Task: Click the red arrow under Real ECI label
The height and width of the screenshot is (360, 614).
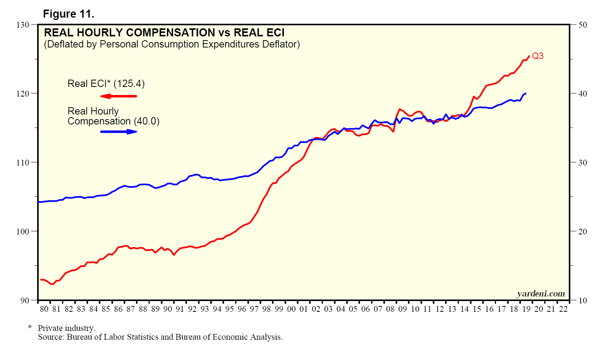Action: coord(118,96)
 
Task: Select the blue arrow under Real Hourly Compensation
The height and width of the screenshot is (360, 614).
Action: coord(119,132)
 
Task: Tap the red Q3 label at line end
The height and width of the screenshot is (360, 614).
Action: coord(537,56)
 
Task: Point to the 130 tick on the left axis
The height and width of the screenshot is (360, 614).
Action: coord(23,25)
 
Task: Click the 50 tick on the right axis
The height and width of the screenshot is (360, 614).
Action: coord(583,25)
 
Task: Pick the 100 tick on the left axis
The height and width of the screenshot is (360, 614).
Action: coord(23,231)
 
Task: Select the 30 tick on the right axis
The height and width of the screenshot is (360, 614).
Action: coord(583,162)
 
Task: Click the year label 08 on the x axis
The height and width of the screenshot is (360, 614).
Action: coord(390,309)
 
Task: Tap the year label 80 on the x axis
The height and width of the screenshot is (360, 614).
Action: coord(44,309)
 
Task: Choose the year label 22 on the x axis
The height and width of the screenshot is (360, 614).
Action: coord(563,309)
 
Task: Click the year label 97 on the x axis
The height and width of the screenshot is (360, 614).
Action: coord(254,309)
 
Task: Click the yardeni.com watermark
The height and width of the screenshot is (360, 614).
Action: coord(541,294)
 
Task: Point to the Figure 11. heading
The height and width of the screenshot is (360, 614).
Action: coord(69,14)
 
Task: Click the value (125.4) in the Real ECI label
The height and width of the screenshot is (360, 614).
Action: coord(129,83)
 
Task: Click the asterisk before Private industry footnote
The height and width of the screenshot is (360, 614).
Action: coord(29,328)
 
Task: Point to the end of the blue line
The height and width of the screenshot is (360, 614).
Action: coord(526,93)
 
